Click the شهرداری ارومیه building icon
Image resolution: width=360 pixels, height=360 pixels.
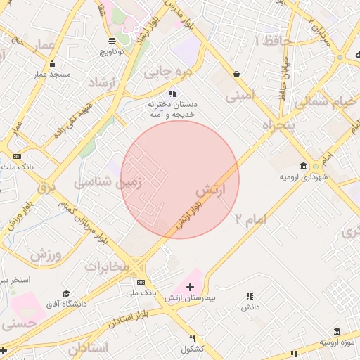click(303, 166)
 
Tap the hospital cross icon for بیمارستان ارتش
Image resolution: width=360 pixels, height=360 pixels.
click(190, 287)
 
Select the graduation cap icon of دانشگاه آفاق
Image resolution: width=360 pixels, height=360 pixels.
click(66, 294)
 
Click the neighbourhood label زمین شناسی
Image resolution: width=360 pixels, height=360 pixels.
click(108, 181)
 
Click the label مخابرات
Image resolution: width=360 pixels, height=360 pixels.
click(108, 266)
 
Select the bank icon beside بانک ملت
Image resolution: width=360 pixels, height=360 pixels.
click(18, 156)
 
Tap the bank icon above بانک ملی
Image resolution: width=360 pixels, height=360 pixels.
click(141, 282)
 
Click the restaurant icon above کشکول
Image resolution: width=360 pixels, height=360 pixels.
click(192, 338)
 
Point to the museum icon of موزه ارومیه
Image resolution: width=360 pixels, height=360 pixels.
click(337, 331)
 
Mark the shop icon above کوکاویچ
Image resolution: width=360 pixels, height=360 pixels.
click(113, 41)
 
